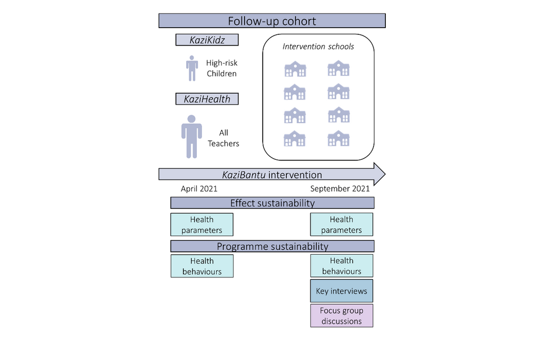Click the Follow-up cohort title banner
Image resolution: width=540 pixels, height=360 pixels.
pos(272,21)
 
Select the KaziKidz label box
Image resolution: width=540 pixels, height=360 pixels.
pos(206,40)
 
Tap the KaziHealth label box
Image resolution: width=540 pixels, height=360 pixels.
pos(206,99)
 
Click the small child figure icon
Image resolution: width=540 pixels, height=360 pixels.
pos(192,68)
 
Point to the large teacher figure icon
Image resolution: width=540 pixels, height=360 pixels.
pos(191,137)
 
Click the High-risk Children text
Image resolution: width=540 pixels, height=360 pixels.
pos(221,69)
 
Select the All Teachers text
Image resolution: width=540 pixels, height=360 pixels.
pos(223,138)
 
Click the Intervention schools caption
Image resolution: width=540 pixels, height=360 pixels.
pos(318,47)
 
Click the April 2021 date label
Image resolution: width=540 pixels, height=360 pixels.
pos(199,189)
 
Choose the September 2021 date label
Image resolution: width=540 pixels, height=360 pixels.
pos(340,189)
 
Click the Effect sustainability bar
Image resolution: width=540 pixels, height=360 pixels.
pos(272,203)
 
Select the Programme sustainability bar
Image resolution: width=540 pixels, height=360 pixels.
pos(272,246)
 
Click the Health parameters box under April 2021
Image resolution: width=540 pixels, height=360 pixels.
pos(201,224)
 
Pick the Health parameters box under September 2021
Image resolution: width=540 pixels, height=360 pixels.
pos(341,224)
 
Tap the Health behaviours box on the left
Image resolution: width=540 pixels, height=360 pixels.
pos(201,266)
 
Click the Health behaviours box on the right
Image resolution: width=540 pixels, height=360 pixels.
pos(341,266)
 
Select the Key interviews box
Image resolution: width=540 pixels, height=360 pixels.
pos(341,291)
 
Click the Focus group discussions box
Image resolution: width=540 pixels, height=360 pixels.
pos(341,316)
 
